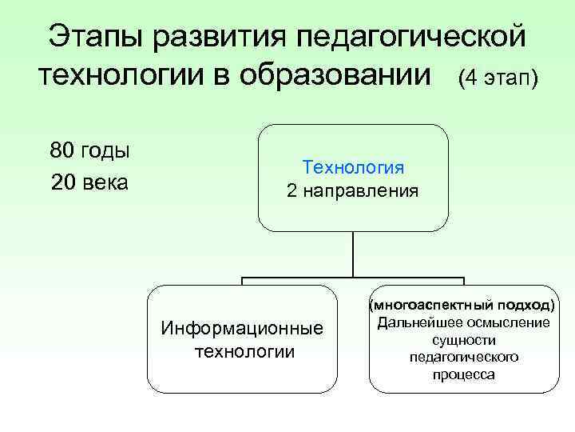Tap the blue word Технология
point(353,168)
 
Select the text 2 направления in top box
point(352,192)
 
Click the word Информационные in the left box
point(242,329)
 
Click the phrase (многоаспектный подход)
point(464,305)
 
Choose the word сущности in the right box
point(464,340)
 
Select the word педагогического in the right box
point(464,357)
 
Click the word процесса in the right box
point(464,374)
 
